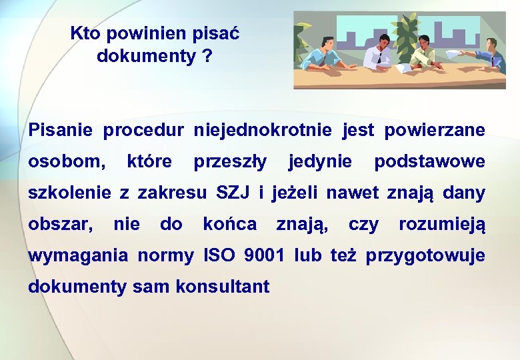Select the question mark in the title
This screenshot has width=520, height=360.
pos(207,57)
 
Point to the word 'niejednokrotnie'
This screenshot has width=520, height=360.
pos(262,130)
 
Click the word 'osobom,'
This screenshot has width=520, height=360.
pos(67,162)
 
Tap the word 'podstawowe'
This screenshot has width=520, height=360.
pos(429,162)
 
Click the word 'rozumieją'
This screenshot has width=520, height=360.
pos(442,225)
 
